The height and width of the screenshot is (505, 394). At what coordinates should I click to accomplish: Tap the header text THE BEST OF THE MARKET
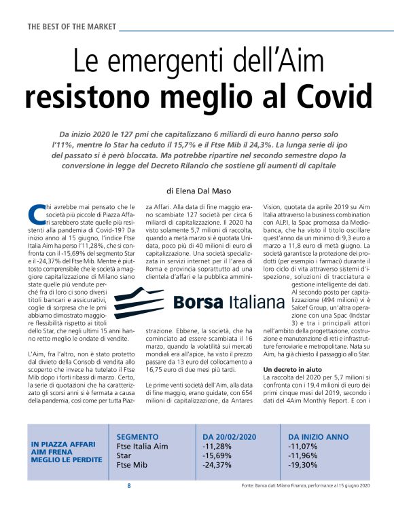tap(72, 26)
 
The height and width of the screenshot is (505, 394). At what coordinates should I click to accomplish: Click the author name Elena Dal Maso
tap(204, 172)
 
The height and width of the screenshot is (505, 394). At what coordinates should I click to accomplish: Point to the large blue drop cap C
tap(37, 214)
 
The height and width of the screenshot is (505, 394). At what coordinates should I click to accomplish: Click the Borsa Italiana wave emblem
tap(139, 301)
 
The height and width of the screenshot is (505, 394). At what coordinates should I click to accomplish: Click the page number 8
tap(129, 486)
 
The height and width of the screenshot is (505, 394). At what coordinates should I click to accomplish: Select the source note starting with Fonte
tap(305, 486)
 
